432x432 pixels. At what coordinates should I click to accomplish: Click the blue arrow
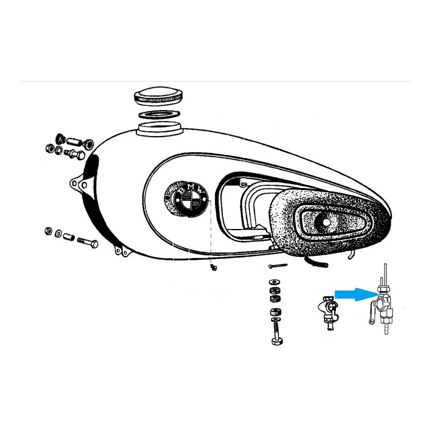(355, 294)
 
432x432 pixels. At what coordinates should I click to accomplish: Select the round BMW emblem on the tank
(186, 198)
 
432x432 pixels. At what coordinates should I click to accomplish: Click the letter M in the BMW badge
(191, 187)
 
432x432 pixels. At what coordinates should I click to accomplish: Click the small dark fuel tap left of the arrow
(328, 312)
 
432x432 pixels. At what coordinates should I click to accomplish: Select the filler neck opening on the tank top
(160, 129)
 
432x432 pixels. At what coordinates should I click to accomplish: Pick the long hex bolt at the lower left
(88, 242)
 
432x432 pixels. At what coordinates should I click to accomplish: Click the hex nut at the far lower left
(49, 231)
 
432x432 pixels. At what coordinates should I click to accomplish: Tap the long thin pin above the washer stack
(278, 266)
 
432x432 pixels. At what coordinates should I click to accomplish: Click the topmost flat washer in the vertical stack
(274, 282)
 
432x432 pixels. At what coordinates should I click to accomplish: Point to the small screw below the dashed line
(213, 267)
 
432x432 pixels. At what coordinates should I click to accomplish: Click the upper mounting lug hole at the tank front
(74, 183)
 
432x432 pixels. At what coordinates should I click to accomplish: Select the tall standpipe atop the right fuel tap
(386, 275)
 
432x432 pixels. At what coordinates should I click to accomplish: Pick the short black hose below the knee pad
(316, 262)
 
